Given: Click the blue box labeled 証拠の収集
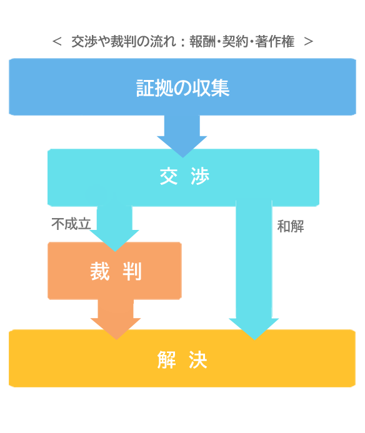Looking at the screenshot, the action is point(182,87).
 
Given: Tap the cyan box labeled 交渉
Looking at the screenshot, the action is point(184,177).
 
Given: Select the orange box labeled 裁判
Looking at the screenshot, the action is point(114,271).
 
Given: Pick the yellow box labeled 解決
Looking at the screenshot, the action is point(182,358).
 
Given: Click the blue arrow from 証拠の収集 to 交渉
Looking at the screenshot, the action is point(182,136).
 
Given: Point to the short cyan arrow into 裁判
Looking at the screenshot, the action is point(114,229).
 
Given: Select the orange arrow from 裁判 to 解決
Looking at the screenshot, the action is point(116,319).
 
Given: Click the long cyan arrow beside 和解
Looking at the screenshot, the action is point(254,270).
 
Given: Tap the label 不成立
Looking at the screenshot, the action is point(71,224).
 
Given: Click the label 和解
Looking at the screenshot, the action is point(291,226).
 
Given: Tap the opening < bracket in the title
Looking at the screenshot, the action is point(57,42).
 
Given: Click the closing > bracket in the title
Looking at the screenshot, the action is point(308,42).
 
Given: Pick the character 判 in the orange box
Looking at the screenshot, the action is point(132,271).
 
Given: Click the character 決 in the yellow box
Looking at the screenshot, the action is point(198,360).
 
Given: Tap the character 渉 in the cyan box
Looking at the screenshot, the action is point(200,176).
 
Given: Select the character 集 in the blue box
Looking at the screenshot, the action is point(219,88).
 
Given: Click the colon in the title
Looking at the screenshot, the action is point(183,42).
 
